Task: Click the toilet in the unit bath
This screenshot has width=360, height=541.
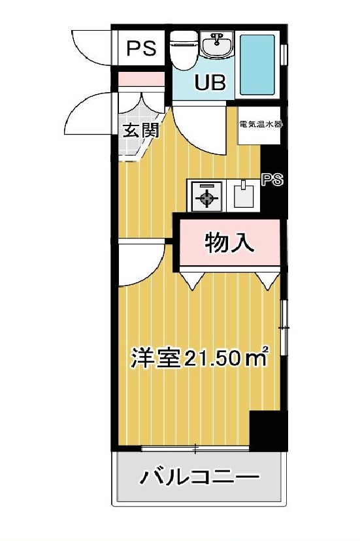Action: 185,50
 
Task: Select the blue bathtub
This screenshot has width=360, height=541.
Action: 257,65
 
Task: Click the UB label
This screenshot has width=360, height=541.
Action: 210,82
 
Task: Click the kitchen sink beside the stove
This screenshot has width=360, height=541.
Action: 244,195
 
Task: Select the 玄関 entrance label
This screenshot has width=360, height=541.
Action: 142,131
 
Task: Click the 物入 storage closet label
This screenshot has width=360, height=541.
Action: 229,242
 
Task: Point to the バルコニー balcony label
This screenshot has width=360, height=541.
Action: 199,477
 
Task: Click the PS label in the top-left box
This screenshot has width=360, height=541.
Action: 142,48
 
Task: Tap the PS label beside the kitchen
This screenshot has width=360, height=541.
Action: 272,180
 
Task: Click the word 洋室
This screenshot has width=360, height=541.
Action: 156,358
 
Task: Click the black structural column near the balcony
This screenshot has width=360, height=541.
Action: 269,430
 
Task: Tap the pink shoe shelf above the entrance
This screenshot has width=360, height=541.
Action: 141,79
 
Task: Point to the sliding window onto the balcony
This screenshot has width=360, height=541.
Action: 195,448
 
